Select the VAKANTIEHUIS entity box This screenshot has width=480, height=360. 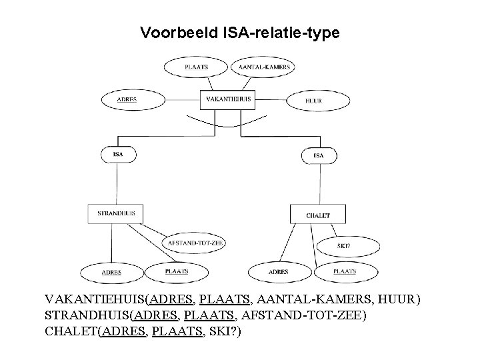click(229, 99)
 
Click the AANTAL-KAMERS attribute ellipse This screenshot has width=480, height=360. click(263, 67)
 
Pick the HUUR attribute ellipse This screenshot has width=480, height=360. click(318, 101)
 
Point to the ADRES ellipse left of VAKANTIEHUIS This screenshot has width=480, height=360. click(132, 100)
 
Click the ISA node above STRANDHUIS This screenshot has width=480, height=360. click(118, 154)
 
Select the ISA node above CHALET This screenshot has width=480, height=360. click(318, 155)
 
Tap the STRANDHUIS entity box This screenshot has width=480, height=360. click(116, 213)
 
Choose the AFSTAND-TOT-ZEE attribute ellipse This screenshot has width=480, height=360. click(195, 243)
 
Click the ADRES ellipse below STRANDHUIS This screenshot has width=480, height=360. click(111, 272)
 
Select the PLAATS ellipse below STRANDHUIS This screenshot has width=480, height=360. click(177, 271)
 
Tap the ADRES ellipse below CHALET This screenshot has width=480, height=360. click(279, 272)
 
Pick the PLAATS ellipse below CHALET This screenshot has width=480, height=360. click(345, 271)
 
